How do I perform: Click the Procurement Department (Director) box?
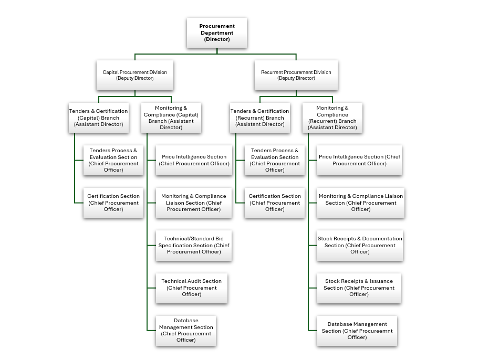(217, 33)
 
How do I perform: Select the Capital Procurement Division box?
(134, 75)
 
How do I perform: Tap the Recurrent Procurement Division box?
(296, 75)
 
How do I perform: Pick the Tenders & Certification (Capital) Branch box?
(99, 118)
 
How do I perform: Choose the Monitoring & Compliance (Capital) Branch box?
(171, 118)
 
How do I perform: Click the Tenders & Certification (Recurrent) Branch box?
(260, 118)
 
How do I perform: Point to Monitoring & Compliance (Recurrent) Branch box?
(332, 118)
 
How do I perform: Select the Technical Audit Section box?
(192, 288)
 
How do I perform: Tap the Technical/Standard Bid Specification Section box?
(194, 245)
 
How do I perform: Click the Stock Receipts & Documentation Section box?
(360, 245)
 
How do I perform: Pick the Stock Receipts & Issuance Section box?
(359, 288)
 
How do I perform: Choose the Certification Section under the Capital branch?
(113, 203)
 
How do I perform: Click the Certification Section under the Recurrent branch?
(275, 203)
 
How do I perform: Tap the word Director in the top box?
(217, 39)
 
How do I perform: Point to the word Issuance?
(381, 281)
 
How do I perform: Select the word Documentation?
(382, 239)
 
